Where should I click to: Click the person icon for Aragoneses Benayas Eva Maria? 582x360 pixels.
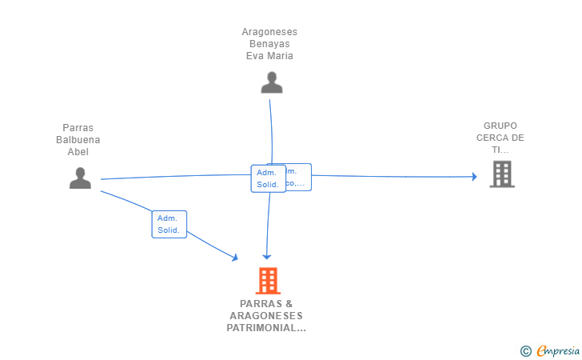(272, 82)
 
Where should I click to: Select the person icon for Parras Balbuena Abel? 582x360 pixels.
(80, 178)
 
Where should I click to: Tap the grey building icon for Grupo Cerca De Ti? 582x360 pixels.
(501, 174)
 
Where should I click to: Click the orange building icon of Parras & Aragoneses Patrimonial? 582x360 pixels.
(268, 281)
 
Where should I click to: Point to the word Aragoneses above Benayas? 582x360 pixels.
(269, 32)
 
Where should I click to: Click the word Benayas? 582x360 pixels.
(269, 44)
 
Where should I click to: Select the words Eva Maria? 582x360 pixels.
(269, 56)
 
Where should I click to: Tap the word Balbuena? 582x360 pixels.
(78, 140)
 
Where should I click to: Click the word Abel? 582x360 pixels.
(78, 152)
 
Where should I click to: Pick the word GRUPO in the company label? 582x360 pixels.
(500, 126)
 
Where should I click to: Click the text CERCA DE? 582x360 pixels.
(500, 138)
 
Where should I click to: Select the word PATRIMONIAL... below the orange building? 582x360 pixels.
(266, 328)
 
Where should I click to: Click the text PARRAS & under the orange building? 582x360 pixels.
(266, 304)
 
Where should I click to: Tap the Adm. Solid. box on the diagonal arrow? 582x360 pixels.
(169, 224)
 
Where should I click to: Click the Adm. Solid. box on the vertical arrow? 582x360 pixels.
(268, 178)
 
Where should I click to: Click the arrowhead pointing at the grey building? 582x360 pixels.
(473, 176)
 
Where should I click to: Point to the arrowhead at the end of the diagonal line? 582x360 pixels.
(234, 257)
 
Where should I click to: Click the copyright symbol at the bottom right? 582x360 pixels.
(525, 350)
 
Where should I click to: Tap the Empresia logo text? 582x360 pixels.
(556, 350)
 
